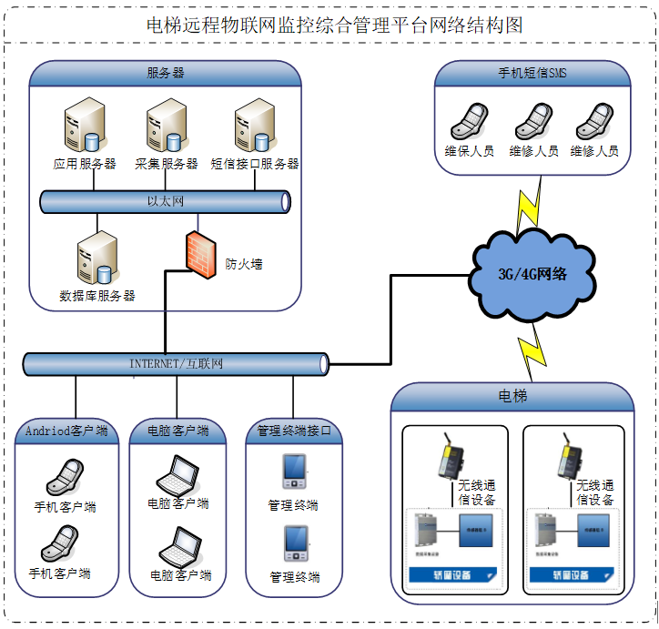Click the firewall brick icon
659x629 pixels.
coord(198,253)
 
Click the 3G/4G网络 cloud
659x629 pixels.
coord(532,272)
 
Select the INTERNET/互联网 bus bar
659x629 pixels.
coord(176,364)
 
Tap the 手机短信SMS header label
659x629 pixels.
coord(532,74)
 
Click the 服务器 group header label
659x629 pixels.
coord(166,74)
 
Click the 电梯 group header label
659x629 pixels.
coord(512,397)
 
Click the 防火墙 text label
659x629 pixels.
coord(244,265)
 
